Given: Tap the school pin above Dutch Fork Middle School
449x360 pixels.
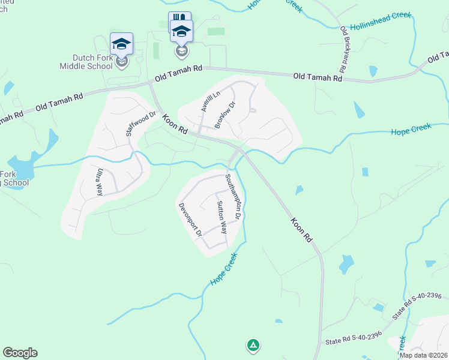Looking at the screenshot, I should [121, 44].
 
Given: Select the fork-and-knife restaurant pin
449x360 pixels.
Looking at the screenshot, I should [179, 21].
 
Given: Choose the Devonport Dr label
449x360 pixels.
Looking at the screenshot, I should [190, 220].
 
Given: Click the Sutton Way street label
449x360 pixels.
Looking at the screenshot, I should [221, 217].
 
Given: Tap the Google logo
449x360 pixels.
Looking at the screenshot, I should [20, 353].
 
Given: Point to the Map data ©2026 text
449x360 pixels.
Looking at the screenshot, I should [423, 355].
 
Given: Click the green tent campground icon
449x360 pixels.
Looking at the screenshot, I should [253, 345].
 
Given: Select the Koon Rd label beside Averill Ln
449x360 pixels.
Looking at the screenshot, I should [175, 124].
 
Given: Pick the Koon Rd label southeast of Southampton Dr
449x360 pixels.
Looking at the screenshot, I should [302, 230].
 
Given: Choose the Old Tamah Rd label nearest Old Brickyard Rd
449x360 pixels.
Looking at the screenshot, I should [318, 77].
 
